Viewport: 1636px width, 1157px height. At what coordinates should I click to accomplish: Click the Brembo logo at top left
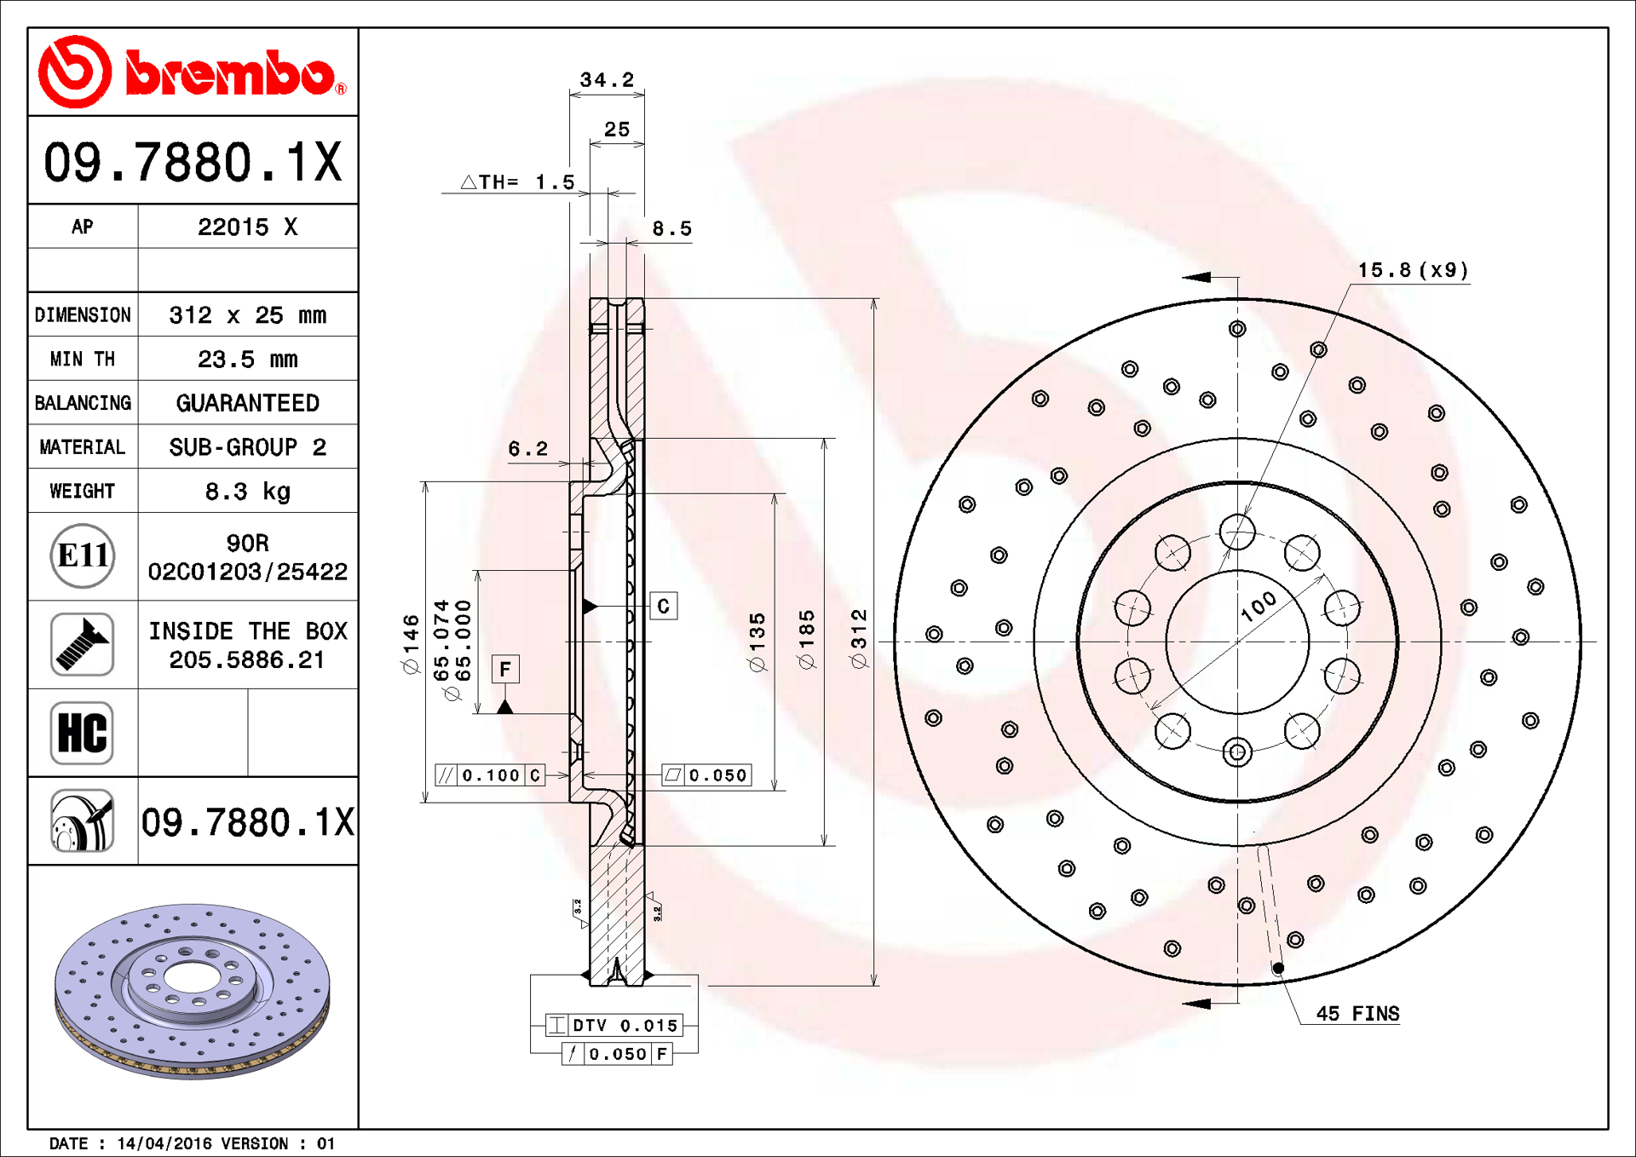tap(192, 72)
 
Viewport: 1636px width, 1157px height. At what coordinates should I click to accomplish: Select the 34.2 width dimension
tap(607, 80)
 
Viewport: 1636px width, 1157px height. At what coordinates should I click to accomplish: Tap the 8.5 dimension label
tap(671, 229)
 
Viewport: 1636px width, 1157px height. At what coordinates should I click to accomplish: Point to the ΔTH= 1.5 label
tap(518, 182)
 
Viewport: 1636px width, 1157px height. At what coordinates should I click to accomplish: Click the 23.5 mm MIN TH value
tap(247, 360)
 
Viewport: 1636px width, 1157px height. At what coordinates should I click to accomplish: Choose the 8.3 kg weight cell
tap(247, 492)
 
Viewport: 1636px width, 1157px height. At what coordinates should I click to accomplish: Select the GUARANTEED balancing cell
tap(247, 403)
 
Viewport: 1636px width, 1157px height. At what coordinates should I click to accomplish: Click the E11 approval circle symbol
tap(83, 556)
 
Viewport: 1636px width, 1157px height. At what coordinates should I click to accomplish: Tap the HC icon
tap(82, 733)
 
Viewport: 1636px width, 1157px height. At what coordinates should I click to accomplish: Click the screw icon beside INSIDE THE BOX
tap(82, 645)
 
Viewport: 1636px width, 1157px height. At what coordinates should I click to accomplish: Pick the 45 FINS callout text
tap(1357, 1014)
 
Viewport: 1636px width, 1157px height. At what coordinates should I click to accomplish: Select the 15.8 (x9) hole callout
tap(1413, 270)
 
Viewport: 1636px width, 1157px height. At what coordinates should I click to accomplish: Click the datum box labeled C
tap(664, 607)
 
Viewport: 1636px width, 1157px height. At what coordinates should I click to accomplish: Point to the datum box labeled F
tap(505, 670)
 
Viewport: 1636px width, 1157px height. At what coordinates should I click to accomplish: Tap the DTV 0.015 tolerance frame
tap(614, 1025)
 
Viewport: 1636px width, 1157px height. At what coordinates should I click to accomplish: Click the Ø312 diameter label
tap(859, 639)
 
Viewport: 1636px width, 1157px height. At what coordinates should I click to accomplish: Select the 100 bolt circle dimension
tap(1259, 607)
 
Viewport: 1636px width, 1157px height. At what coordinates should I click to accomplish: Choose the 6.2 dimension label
tap(527, 449)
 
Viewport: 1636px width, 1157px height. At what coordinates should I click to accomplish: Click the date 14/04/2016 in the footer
tap(164, 1143)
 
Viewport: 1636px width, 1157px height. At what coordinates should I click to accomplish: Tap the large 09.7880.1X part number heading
tap(193, 162)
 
